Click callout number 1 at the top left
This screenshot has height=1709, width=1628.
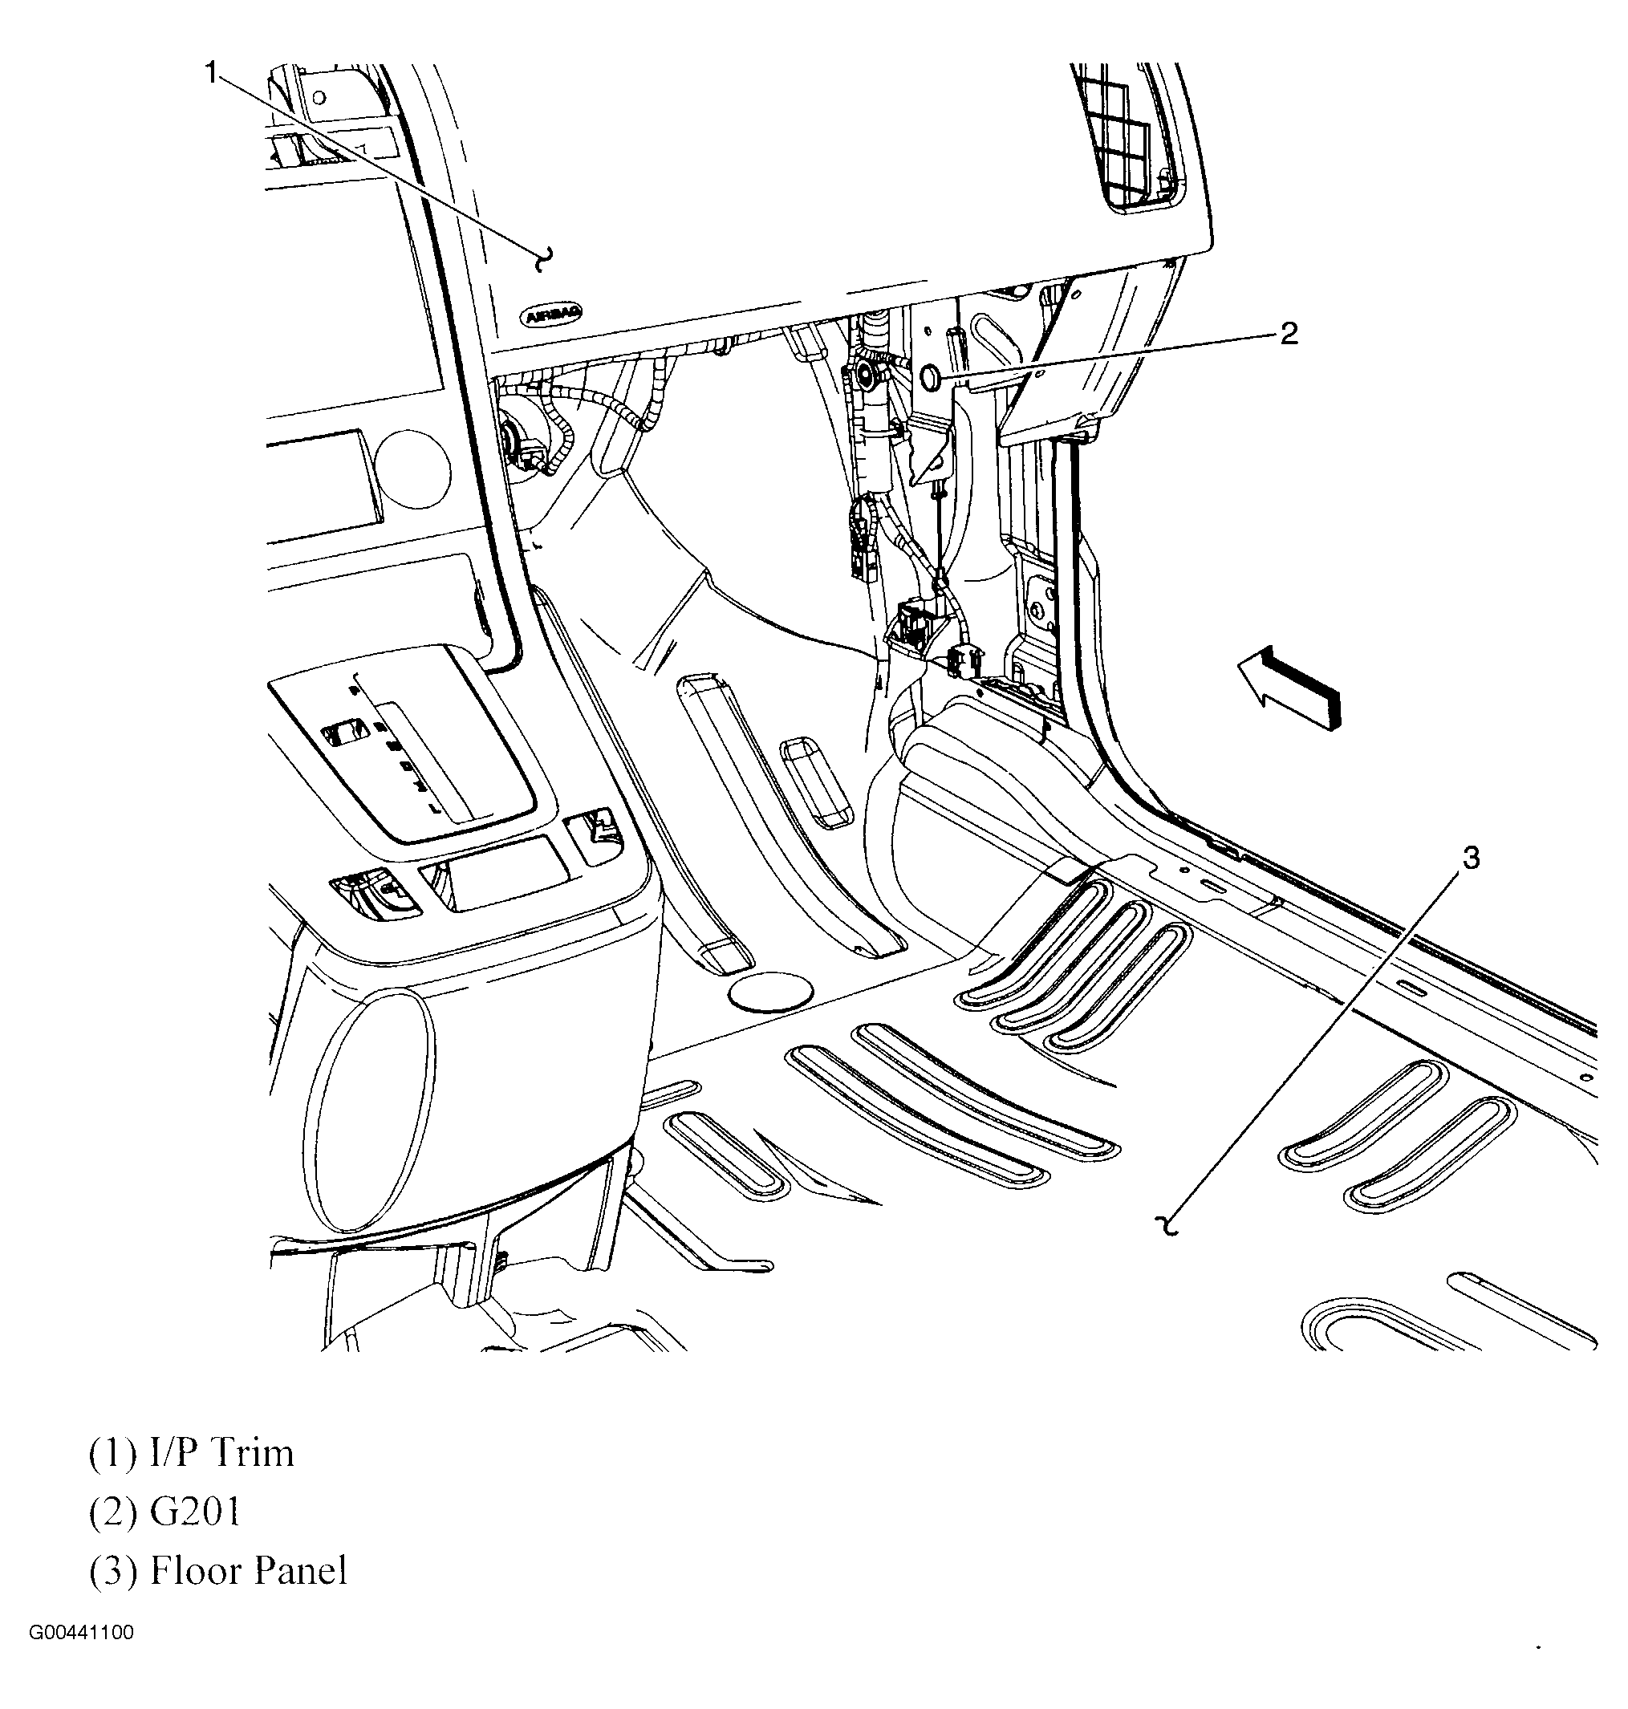coord(211,74)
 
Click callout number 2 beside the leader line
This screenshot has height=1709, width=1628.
coord(1289,334)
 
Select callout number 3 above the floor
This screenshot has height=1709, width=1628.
coord(1470,859)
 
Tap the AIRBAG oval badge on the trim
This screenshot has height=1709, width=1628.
coord(552,315)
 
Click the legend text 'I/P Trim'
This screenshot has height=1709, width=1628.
coord(221,1454)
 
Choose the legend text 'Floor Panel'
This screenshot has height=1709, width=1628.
coord(248,1571)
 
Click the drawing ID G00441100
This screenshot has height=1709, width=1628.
coord(82,1633)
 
